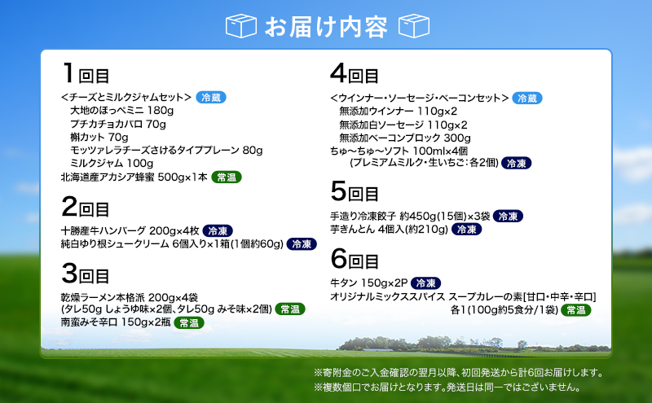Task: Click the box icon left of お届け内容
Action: pos(240,25)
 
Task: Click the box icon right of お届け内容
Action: pos(413,25)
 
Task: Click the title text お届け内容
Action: pos(326,26)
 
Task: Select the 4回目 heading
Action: pos(355,74)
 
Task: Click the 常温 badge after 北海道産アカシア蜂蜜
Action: pos(228,177)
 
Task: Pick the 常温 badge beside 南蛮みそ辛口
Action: pos(190,323)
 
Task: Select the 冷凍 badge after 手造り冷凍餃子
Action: pos(509,217)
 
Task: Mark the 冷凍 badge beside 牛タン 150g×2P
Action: pos(426,283)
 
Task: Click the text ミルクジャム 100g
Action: pos(117,163)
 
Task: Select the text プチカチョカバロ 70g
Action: pos(117,124)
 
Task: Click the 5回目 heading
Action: pos(355,193)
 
